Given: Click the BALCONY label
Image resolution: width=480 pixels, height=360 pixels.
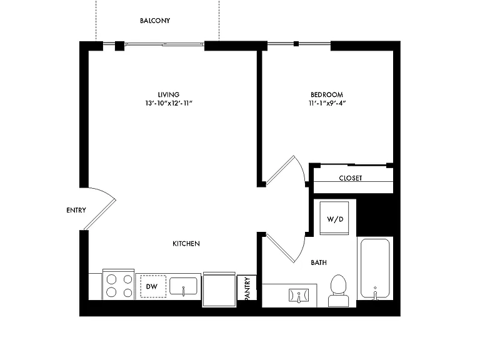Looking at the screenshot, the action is coord(155,21).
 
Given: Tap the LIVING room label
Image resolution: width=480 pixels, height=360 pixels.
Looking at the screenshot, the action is coord(168,94).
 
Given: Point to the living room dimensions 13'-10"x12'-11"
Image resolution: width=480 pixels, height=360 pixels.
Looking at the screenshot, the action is coord(169,103).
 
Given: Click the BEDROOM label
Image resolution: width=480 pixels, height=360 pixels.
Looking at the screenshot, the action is coord(327,94).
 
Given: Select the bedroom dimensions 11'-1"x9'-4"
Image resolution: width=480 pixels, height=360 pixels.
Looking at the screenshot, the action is coord(327,103).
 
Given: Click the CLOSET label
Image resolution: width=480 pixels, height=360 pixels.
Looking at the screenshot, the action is coord(351,178).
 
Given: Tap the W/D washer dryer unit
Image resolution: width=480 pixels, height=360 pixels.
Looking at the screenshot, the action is coord(334,218).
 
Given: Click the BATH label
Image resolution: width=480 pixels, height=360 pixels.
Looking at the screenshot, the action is coord(319,262).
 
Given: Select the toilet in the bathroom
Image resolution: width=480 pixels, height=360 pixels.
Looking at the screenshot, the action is coord(338,291).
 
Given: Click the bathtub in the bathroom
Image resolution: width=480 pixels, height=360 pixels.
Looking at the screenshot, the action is coord(375,269).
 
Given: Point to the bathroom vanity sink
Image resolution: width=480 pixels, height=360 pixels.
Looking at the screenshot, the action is coord(299,296).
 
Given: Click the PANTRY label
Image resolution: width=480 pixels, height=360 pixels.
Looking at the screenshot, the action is coord(247,288).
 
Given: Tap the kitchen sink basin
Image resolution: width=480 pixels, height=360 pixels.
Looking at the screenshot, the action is coord(183,286).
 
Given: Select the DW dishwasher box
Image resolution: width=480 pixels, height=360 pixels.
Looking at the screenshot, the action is coord(153,286).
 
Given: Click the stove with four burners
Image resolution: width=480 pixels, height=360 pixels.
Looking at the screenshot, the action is coord(119,284).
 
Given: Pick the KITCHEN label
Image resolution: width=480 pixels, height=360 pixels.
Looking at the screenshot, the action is coord(186,244).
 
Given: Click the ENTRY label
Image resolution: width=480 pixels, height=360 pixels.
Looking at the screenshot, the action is coord(76,210).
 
